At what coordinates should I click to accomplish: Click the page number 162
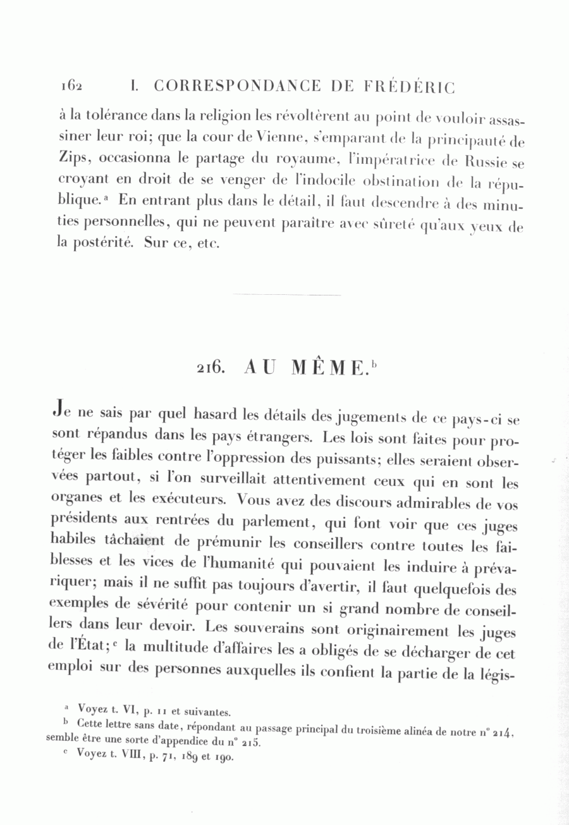pos(73,85)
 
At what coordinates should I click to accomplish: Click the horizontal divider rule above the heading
pos(286,295)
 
